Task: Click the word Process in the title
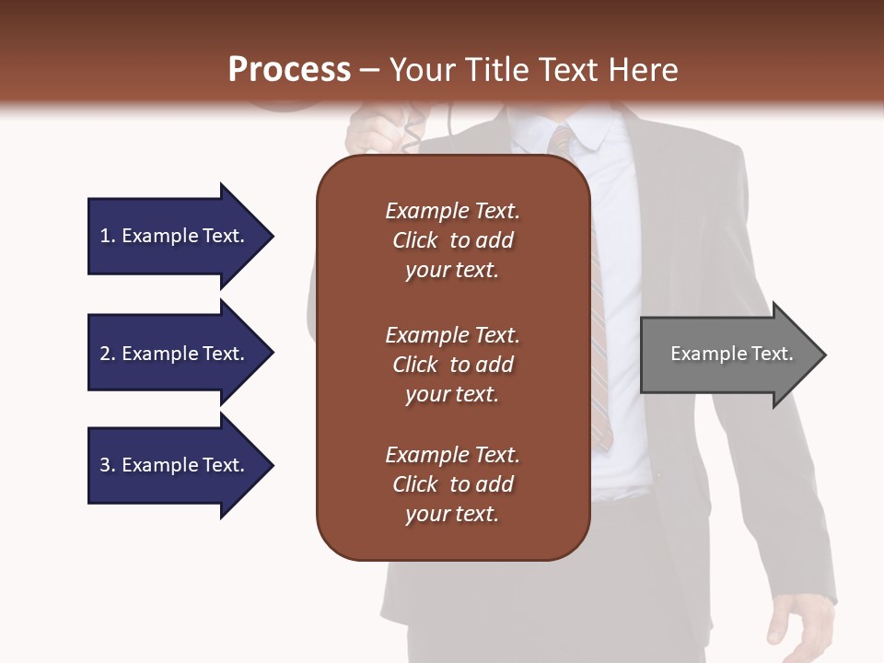(x=289, y=69)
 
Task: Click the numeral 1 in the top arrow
(x=105, y=236)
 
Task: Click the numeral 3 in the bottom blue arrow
(x=105, y=465)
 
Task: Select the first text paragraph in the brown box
(x=452, y=240)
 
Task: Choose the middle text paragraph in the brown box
(x=452, y=364)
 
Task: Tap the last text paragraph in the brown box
(x=452, y=484)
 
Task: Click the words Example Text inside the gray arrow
(x=732, y=354)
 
